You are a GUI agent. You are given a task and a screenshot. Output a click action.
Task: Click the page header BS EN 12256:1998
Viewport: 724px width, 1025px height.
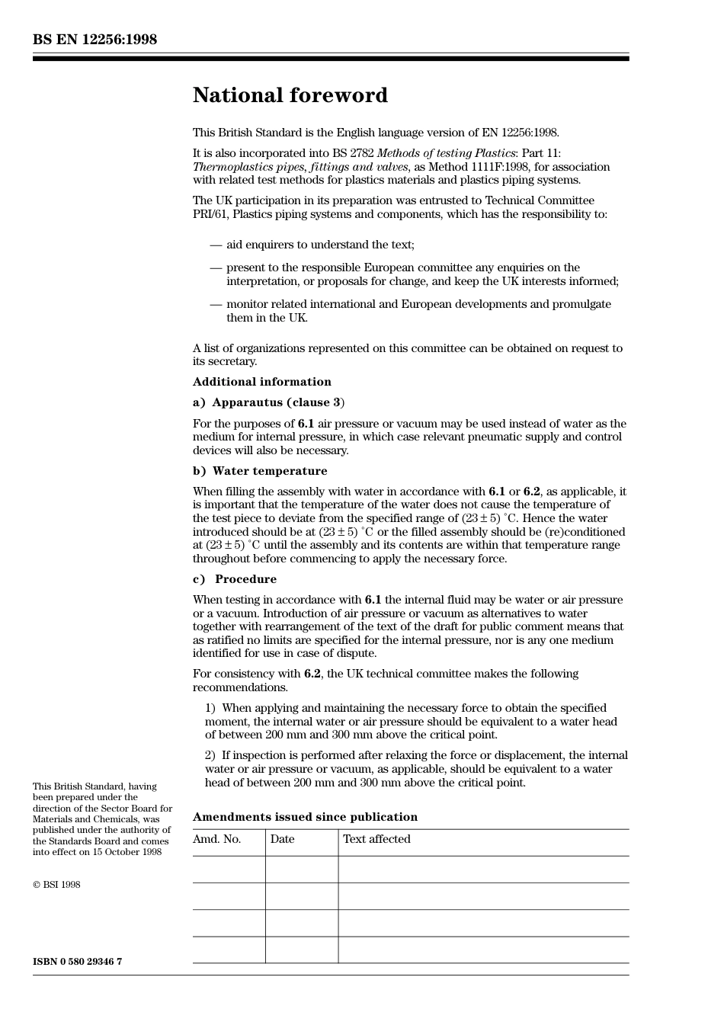click(x=95, y=40)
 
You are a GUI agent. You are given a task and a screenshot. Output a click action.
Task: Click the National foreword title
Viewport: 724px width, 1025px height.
click(x=290, y=95)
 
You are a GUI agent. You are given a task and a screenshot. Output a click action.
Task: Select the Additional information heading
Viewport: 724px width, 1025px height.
click(x=261, y=382)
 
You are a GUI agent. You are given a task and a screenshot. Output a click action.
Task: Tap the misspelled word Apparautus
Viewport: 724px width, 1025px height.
click(x=248, y=402)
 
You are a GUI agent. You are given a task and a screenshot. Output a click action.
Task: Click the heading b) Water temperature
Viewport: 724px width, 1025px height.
click(x=260, y=471)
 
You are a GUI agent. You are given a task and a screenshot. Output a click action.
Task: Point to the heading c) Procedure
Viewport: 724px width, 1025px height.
click(x=235, y=579)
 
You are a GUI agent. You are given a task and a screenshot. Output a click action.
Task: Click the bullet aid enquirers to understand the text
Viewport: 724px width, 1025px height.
click(x=320, y=245)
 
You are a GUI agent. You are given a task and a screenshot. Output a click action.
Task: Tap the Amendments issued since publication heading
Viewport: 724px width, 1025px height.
click(x=305, y=817)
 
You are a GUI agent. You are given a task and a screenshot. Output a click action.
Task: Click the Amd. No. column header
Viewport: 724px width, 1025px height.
click(x=216, y=839)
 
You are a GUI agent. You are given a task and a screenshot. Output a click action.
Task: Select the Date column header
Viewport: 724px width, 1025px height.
click(x=282, y=839)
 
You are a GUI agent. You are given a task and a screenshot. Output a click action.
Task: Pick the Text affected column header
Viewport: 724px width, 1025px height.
click(x=376, y=839)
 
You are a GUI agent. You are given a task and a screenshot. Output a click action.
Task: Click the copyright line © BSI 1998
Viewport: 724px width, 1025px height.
click(x=56, y=885)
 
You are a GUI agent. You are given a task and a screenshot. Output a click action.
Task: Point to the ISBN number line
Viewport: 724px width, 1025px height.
click(x=77, y=962)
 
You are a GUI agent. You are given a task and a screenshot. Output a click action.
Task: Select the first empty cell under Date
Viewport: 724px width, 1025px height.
click(x=302, y=870)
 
